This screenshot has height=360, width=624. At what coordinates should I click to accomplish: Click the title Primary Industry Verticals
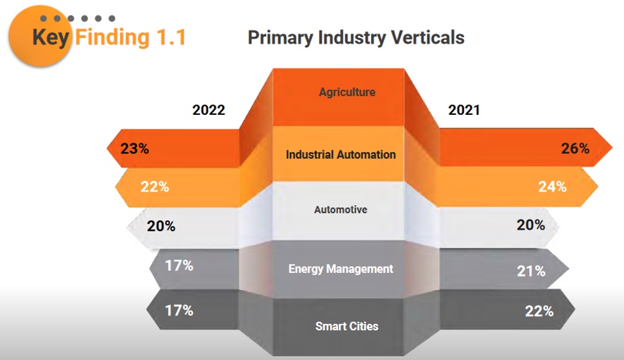(x=356, y=37)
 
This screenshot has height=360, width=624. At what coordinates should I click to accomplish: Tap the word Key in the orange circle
(x=52, y=37)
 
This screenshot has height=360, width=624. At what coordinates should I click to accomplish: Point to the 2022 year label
(x=208, y=110)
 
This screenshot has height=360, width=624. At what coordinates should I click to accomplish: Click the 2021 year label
(x=464, y=110)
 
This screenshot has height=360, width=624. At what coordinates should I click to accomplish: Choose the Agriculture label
(x=347, y=92)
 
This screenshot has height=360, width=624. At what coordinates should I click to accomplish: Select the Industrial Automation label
(x=341, y=155)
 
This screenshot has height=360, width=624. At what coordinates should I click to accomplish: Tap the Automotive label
(x=341, y=210)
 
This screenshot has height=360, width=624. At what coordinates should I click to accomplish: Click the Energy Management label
(x=341, y=268)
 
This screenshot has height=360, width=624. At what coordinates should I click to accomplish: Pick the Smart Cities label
(x=347, y=326)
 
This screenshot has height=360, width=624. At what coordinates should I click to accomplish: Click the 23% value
(x=134, y=149)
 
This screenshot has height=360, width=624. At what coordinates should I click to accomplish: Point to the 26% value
(x=575, y=148)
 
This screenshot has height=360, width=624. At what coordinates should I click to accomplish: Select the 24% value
(x=552, y=187)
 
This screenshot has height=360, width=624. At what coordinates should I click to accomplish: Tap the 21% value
(x=531, y=271)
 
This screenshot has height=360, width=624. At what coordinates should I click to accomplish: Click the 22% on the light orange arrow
(x=155, y=187)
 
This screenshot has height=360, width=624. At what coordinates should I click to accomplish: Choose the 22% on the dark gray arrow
(x=539, y=311)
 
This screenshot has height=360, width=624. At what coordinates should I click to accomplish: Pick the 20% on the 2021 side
(x=530, y=225)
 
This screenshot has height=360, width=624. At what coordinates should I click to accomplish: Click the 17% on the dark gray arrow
(x=179, y=310)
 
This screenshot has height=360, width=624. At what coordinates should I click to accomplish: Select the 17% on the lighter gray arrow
(x=179, y=265)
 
